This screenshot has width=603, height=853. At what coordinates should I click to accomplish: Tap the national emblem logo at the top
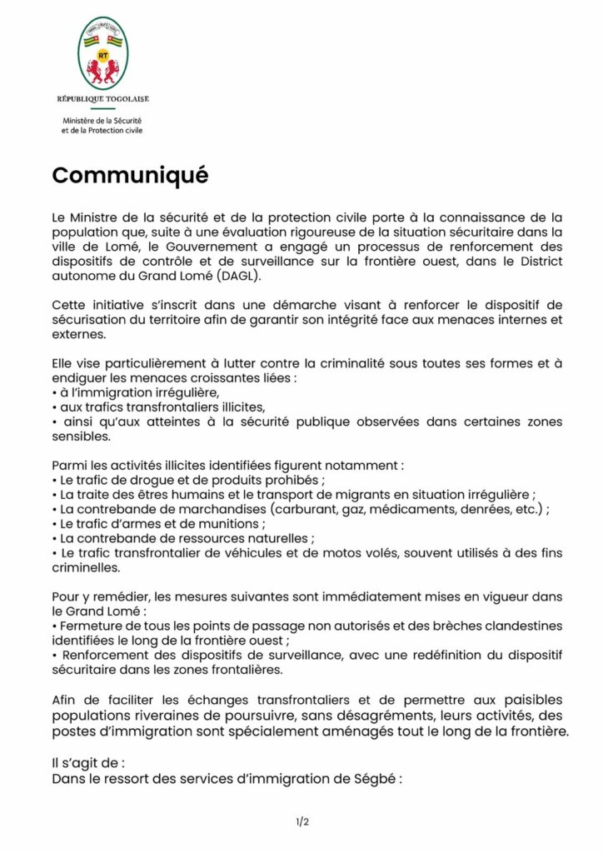click(x=103, y=53)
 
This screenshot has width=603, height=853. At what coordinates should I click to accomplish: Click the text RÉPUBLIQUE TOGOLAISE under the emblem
click(x=103, y=99)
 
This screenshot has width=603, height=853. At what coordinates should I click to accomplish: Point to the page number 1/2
click(x=301, y=822)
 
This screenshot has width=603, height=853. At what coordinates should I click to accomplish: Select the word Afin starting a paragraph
click(x=64, y=699)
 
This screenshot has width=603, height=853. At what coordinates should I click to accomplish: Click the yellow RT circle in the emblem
click(x=103, y=56)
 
